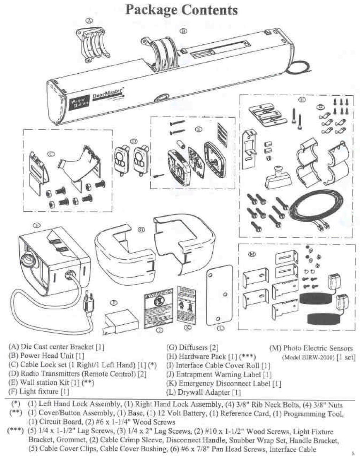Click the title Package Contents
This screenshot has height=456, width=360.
[181, 10]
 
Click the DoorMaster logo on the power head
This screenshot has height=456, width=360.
[107, 95]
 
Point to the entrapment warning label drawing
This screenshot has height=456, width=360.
[159, 308]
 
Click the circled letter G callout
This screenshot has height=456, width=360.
[142, 229]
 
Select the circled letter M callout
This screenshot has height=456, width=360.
[252, 254]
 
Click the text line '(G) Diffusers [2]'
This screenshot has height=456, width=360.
[192, 348]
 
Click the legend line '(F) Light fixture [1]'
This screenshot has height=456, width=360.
[38, 392]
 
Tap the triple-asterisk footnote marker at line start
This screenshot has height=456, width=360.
[15, 431]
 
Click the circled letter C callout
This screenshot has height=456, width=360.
[52, 154]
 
